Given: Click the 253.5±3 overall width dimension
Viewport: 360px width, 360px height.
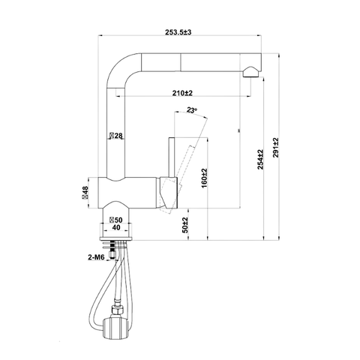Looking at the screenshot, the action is click(178, 32).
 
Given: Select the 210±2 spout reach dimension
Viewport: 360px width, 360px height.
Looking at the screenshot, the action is click(182, 93).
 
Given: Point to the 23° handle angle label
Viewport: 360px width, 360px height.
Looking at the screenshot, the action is click(192, 109).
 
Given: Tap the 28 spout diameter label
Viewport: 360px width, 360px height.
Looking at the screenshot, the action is click(116, 136).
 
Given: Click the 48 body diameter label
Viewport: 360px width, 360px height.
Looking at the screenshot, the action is click(85, 193).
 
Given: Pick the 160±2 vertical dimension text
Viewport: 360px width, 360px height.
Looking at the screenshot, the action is click(204, 178).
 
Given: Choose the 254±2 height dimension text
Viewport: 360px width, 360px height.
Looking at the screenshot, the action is click(260, 160).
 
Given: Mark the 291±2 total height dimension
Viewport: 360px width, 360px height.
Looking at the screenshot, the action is click(276, 148).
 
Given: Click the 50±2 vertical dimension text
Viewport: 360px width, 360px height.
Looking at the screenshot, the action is click(184, 225).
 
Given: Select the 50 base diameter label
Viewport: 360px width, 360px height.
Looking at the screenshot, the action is click(116, 220).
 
